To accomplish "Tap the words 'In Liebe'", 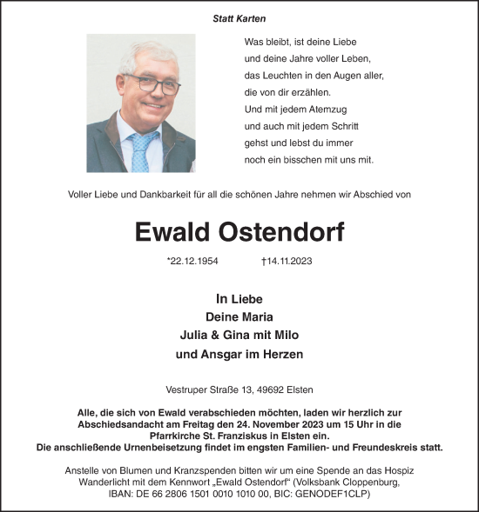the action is tap(239, 298).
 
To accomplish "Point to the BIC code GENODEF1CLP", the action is tap(341, 492).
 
